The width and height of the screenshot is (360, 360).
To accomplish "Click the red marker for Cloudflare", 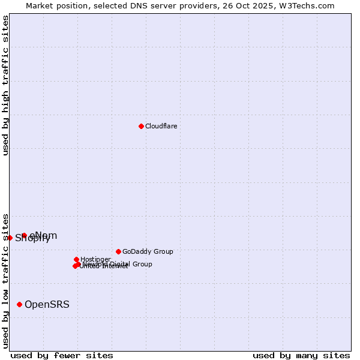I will [x=141, y=126].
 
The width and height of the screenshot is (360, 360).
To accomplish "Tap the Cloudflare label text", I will [x=161, y=126].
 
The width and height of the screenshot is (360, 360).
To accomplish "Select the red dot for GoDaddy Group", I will [x=118, y=251].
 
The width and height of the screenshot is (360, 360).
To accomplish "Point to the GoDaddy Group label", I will [x=148, y=251].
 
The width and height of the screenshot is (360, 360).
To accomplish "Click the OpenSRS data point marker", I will [x=20, y=304].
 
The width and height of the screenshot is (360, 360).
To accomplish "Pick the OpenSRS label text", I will [x=47, y=304].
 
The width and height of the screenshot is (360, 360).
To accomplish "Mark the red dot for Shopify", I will [x=10, y=238].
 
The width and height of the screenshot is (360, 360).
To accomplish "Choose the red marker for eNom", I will [x=24, y=235].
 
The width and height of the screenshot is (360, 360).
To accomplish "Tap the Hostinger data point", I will [x=76, y=259].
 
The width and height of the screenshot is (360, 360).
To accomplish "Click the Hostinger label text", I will [x=95, y=259].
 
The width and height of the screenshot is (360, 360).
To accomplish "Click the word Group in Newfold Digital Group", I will [x=142, y=264].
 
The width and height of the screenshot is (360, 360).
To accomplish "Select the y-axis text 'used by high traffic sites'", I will [x=5, y=86].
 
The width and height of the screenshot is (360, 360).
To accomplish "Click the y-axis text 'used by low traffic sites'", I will [x=5, y=281].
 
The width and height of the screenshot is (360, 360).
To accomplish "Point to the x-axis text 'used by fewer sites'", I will [x=62, y=355].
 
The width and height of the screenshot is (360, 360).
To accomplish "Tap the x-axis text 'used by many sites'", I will [x=301, y=355].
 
